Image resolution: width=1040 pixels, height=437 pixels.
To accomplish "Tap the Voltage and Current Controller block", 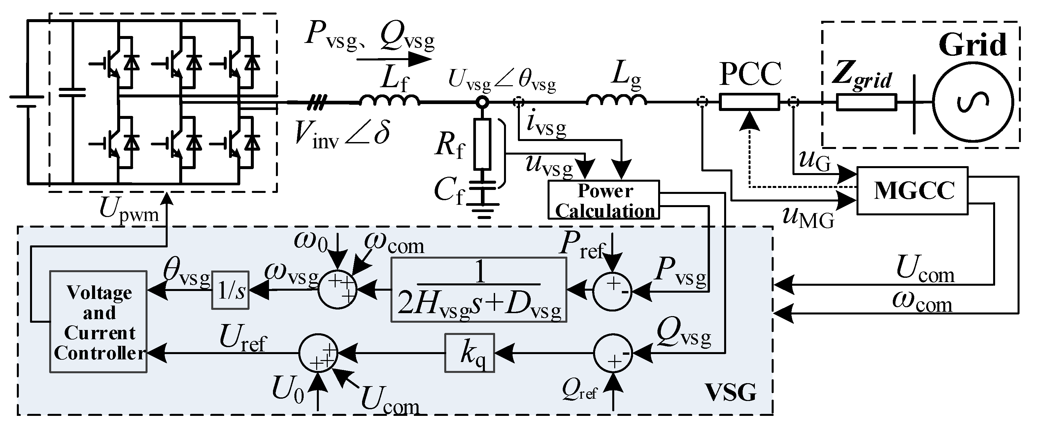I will point(98,321).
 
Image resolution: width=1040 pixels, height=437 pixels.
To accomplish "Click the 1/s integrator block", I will point(230,290).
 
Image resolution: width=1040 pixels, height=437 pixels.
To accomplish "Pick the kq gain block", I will point(470,352).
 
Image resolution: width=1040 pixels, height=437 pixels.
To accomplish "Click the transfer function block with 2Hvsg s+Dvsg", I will point(479,290).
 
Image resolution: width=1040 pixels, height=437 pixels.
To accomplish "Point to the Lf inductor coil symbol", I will point(389,100).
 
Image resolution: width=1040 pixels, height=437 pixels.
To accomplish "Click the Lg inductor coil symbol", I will point(616,100).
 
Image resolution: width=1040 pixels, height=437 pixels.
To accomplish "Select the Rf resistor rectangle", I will point(482,144).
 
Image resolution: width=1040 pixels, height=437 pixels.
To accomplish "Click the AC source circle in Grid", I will point(972,102).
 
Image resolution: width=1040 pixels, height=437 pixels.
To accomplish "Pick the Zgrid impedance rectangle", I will point(866,102).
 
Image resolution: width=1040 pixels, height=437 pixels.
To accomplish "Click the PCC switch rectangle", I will point(749,102).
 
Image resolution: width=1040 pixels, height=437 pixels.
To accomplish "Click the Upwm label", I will point(129,210).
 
